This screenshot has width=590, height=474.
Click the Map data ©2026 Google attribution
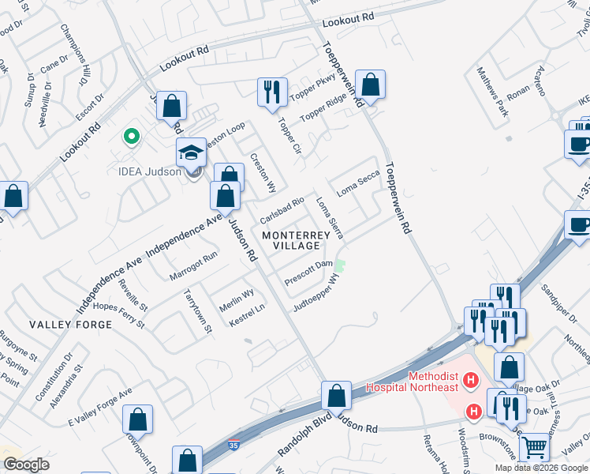tap(542, 468)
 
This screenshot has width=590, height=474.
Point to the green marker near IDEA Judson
tap(131, 136)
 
